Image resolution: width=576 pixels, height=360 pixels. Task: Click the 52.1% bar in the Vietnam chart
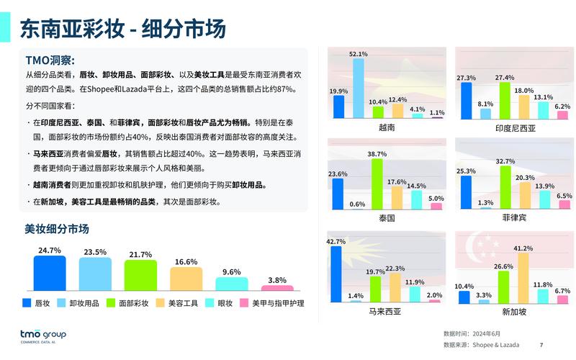coord(359,88)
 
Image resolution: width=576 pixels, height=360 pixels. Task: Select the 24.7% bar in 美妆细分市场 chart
coord(50,273)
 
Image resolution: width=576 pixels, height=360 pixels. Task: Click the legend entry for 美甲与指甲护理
coord(272,304)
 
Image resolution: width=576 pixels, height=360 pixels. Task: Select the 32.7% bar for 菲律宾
coord(505,187)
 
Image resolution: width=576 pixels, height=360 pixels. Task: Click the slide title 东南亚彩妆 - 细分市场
coord(122,28)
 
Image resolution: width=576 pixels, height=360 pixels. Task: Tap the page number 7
coord(541,345)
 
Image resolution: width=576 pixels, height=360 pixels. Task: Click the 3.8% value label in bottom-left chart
coord(277,280)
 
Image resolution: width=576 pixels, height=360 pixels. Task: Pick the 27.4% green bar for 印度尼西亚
coord(505,100)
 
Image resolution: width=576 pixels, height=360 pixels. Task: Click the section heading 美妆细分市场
coord(57,230)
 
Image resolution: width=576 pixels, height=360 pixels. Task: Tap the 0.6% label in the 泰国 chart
coord(358,204)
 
